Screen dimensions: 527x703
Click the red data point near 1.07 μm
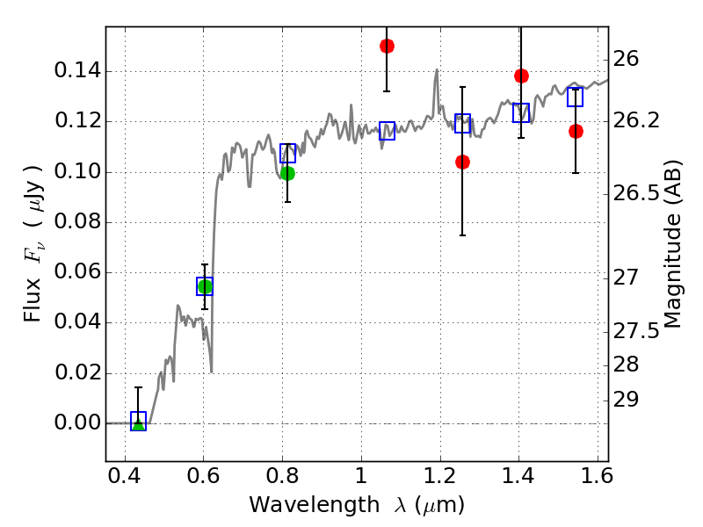[x=387, y=46]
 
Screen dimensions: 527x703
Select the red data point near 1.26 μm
[x=462, y=162]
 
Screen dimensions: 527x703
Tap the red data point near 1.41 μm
[x=521, y=76]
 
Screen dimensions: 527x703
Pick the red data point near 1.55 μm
[x=576, y=131]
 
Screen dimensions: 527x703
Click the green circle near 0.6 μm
[x=205, y=286]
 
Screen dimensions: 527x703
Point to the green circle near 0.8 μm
[x=287, y=173]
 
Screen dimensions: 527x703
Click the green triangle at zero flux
[x=138, y=423]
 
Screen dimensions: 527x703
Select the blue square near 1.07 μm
[x=387, y=131]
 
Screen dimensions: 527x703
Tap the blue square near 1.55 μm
[x=576, y=97]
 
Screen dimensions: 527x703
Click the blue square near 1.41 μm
[x=521, y=112]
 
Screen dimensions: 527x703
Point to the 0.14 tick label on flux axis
[x=76, y=71]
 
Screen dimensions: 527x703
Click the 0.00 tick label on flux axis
[x=76, y=423]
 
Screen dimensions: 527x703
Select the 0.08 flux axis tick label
[x=76, y=222]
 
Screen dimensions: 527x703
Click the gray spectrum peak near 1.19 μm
[x=436, y=71]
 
